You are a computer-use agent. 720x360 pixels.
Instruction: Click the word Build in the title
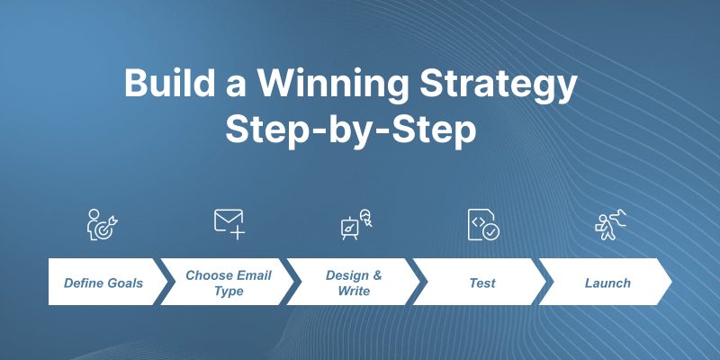169,83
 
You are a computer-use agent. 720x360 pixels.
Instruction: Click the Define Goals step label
103,283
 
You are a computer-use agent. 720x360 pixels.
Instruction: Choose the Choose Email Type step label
229,283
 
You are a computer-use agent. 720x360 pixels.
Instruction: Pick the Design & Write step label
354,283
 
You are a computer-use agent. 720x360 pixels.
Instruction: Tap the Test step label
482,283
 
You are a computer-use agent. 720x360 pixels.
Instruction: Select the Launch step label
607,283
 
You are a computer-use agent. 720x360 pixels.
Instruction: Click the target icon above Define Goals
102,224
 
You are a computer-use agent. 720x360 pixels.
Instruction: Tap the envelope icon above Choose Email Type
229,224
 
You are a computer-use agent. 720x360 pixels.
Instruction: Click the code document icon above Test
483,224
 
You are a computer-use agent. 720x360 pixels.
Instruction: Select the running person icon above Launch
610,224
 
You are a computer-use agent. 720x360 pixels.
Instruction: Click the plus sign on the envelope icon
238,232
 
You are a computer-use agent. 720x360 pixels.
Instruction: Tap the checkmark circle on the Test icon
490,232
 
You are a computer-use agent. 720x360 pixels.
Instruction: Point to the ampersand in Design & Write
377,275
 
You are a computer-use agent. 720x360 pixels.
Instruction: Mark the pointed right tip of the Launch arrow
671,282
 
